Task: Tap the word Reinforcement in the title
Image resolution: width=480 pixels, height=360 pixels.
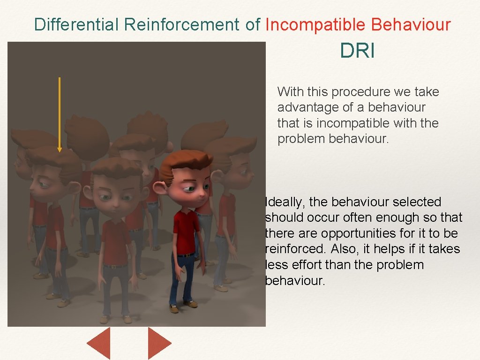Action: (x=182, y=24)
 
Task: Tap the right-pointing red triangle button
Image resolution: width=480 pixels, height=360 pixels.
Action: (x=158, y=343)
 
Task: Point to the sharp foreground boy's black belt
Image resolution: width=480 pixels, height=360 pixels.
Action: (x=185, y=255)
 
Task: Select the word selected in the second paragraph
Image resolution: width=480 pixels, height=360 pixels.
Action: (x=417, y=202)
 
